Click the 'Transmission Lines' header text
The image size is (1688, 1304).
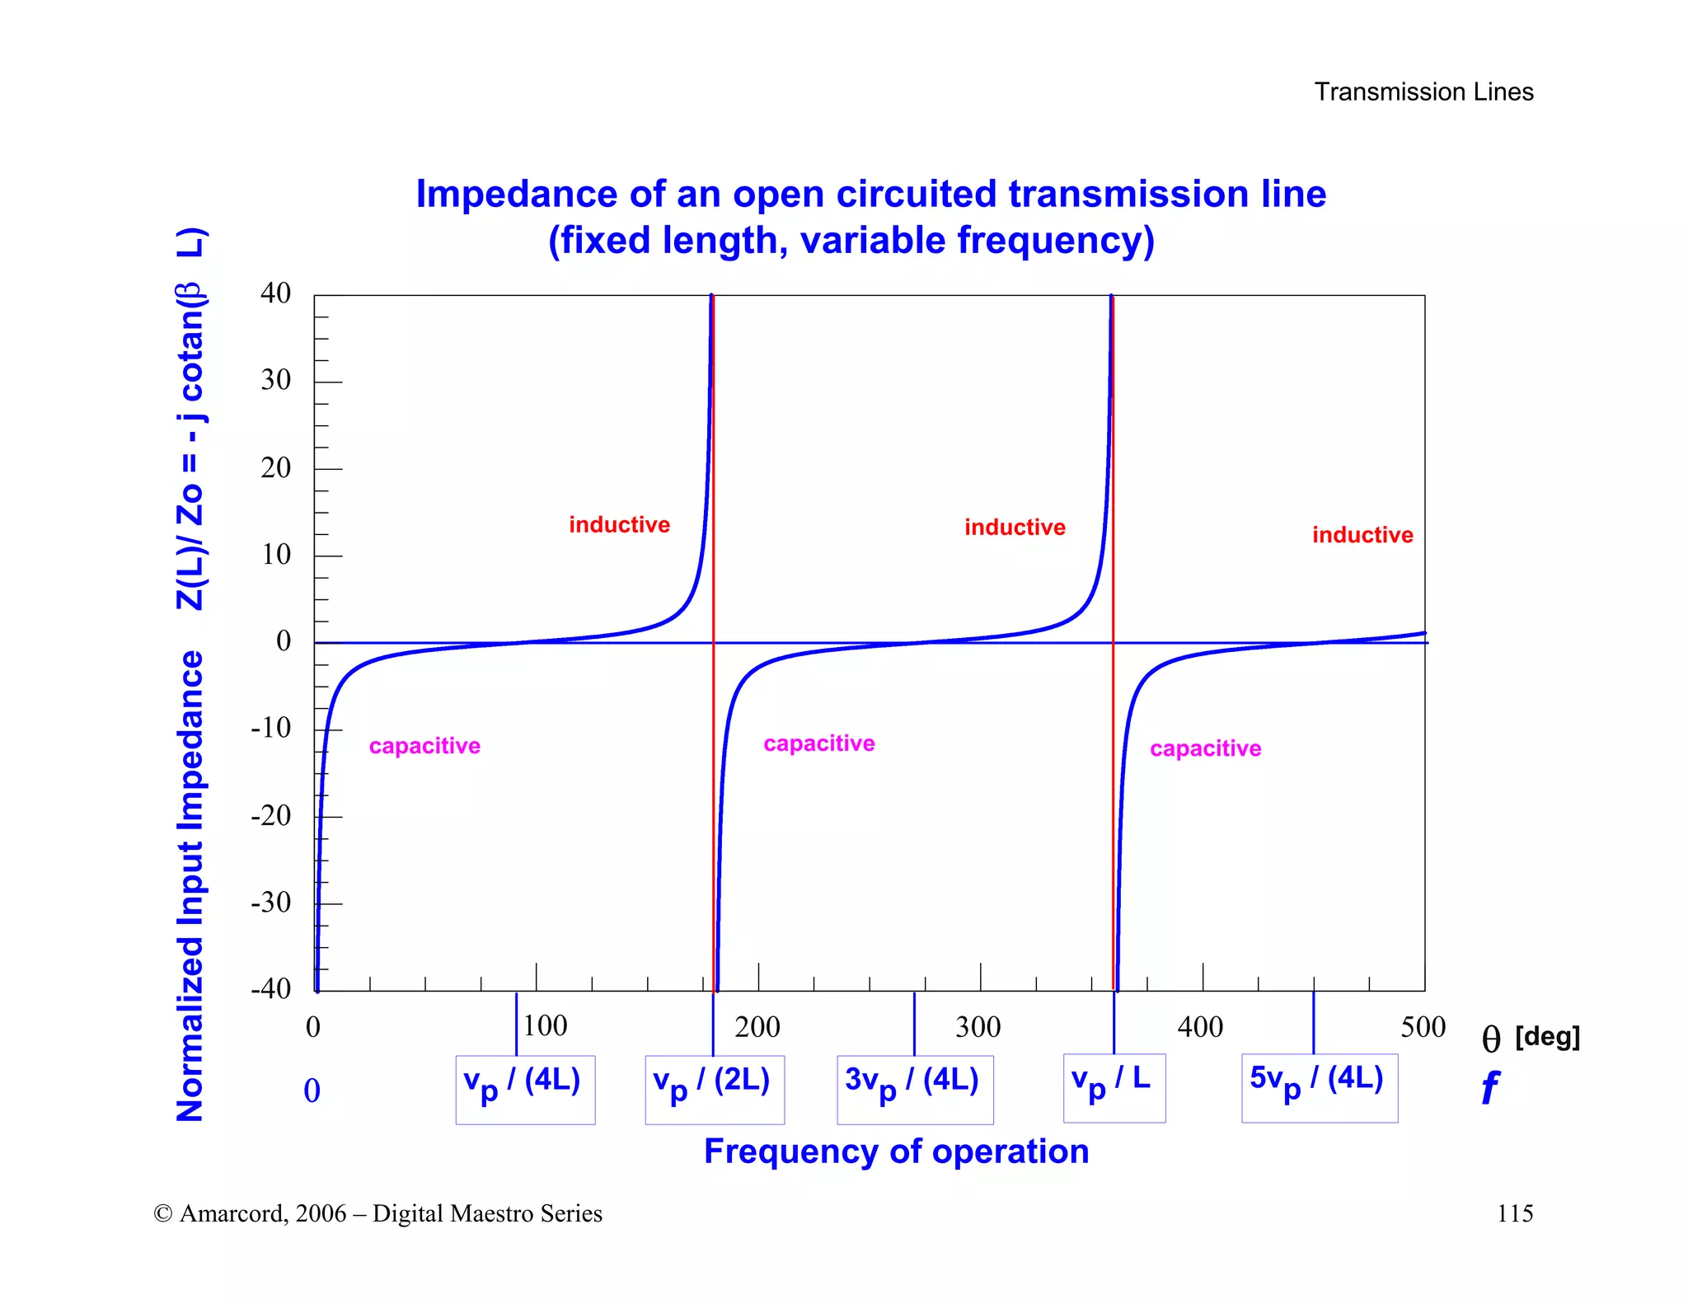click(1423, 91)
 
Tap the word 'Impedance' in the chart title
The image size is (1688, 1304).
click(516, 195)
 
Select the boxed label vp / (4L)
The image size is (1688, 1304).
click(525, 1089)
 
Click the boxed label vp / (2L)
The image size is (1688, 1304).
click(714, 1089)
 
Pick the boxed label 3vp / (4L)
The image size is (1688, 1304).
click(914, 1089)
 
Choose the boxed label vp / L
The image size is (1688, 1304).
click(1114, 1087)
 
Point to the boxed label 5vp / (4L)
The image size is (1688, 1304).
click(1319, 1087)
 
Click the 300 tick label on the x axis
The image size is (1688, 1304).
click(978, 1027)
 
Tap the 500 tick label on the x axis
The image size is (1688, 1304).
click(1423, 1027)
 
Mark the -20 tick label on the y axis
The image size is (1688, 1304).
click(271, 816)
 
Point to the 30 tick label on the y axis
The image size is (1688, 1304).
click(276, 380)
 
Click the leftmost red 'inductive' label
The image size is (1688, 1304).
click(619, 525)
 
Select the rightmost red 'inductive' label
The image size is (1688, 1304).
click(1362, 535)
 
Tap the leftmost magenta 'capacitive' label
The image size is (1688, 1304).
click(424, 746)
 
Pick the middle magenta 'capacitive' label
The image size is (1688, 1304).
click(818, 743)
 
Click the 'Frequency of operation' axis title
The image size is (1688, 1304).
click(896, 1152)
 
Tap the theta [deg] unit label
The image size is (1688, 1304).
click(1531, 1038)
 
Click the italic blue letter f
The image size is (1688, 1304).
click(1490, 1088)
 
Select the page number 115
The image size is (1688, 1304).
click(1514, 1213)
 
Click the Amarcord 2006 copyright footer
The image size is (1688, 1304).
click(377, 1213)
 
